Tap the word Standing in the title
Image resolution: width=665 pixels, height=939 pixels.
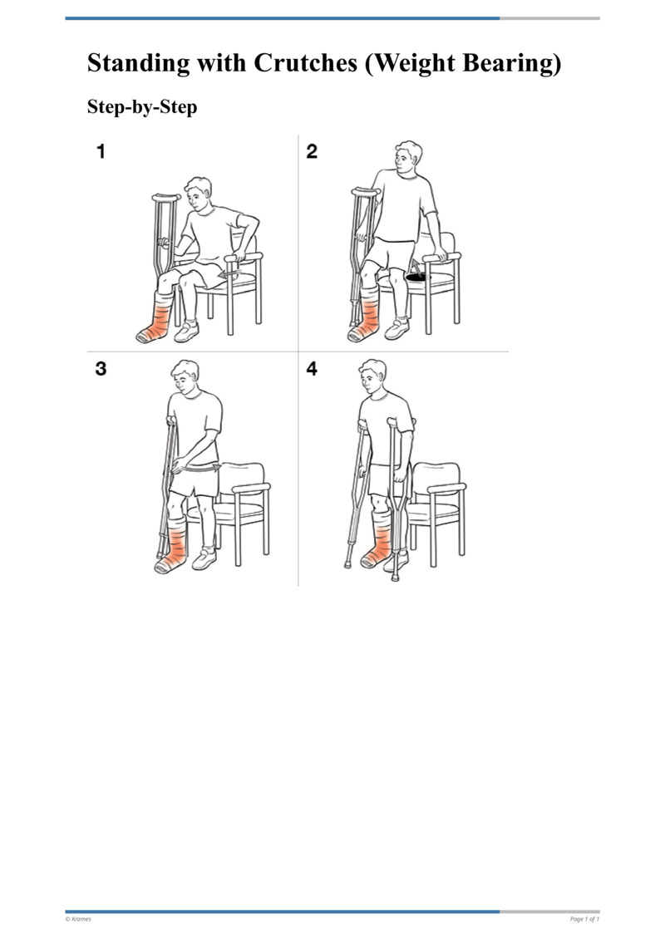[137, 64]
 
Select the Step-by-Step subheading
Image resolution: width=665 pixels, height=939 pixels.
[142, 107]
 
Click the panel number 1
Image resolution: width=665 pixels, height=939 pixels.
[101, 152]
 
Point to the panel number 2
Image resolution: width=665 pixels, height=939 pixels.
[312, 152]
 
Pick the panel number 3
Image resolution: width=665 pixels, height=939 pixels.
[101, 369]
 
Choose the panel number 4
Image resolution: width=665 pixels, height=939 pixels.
[312, 369]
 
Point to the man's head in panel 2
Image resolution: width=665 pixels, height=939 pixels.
[407, 158]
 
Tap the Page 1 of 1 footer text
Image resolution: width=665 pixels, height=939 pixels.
[584, 919]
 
